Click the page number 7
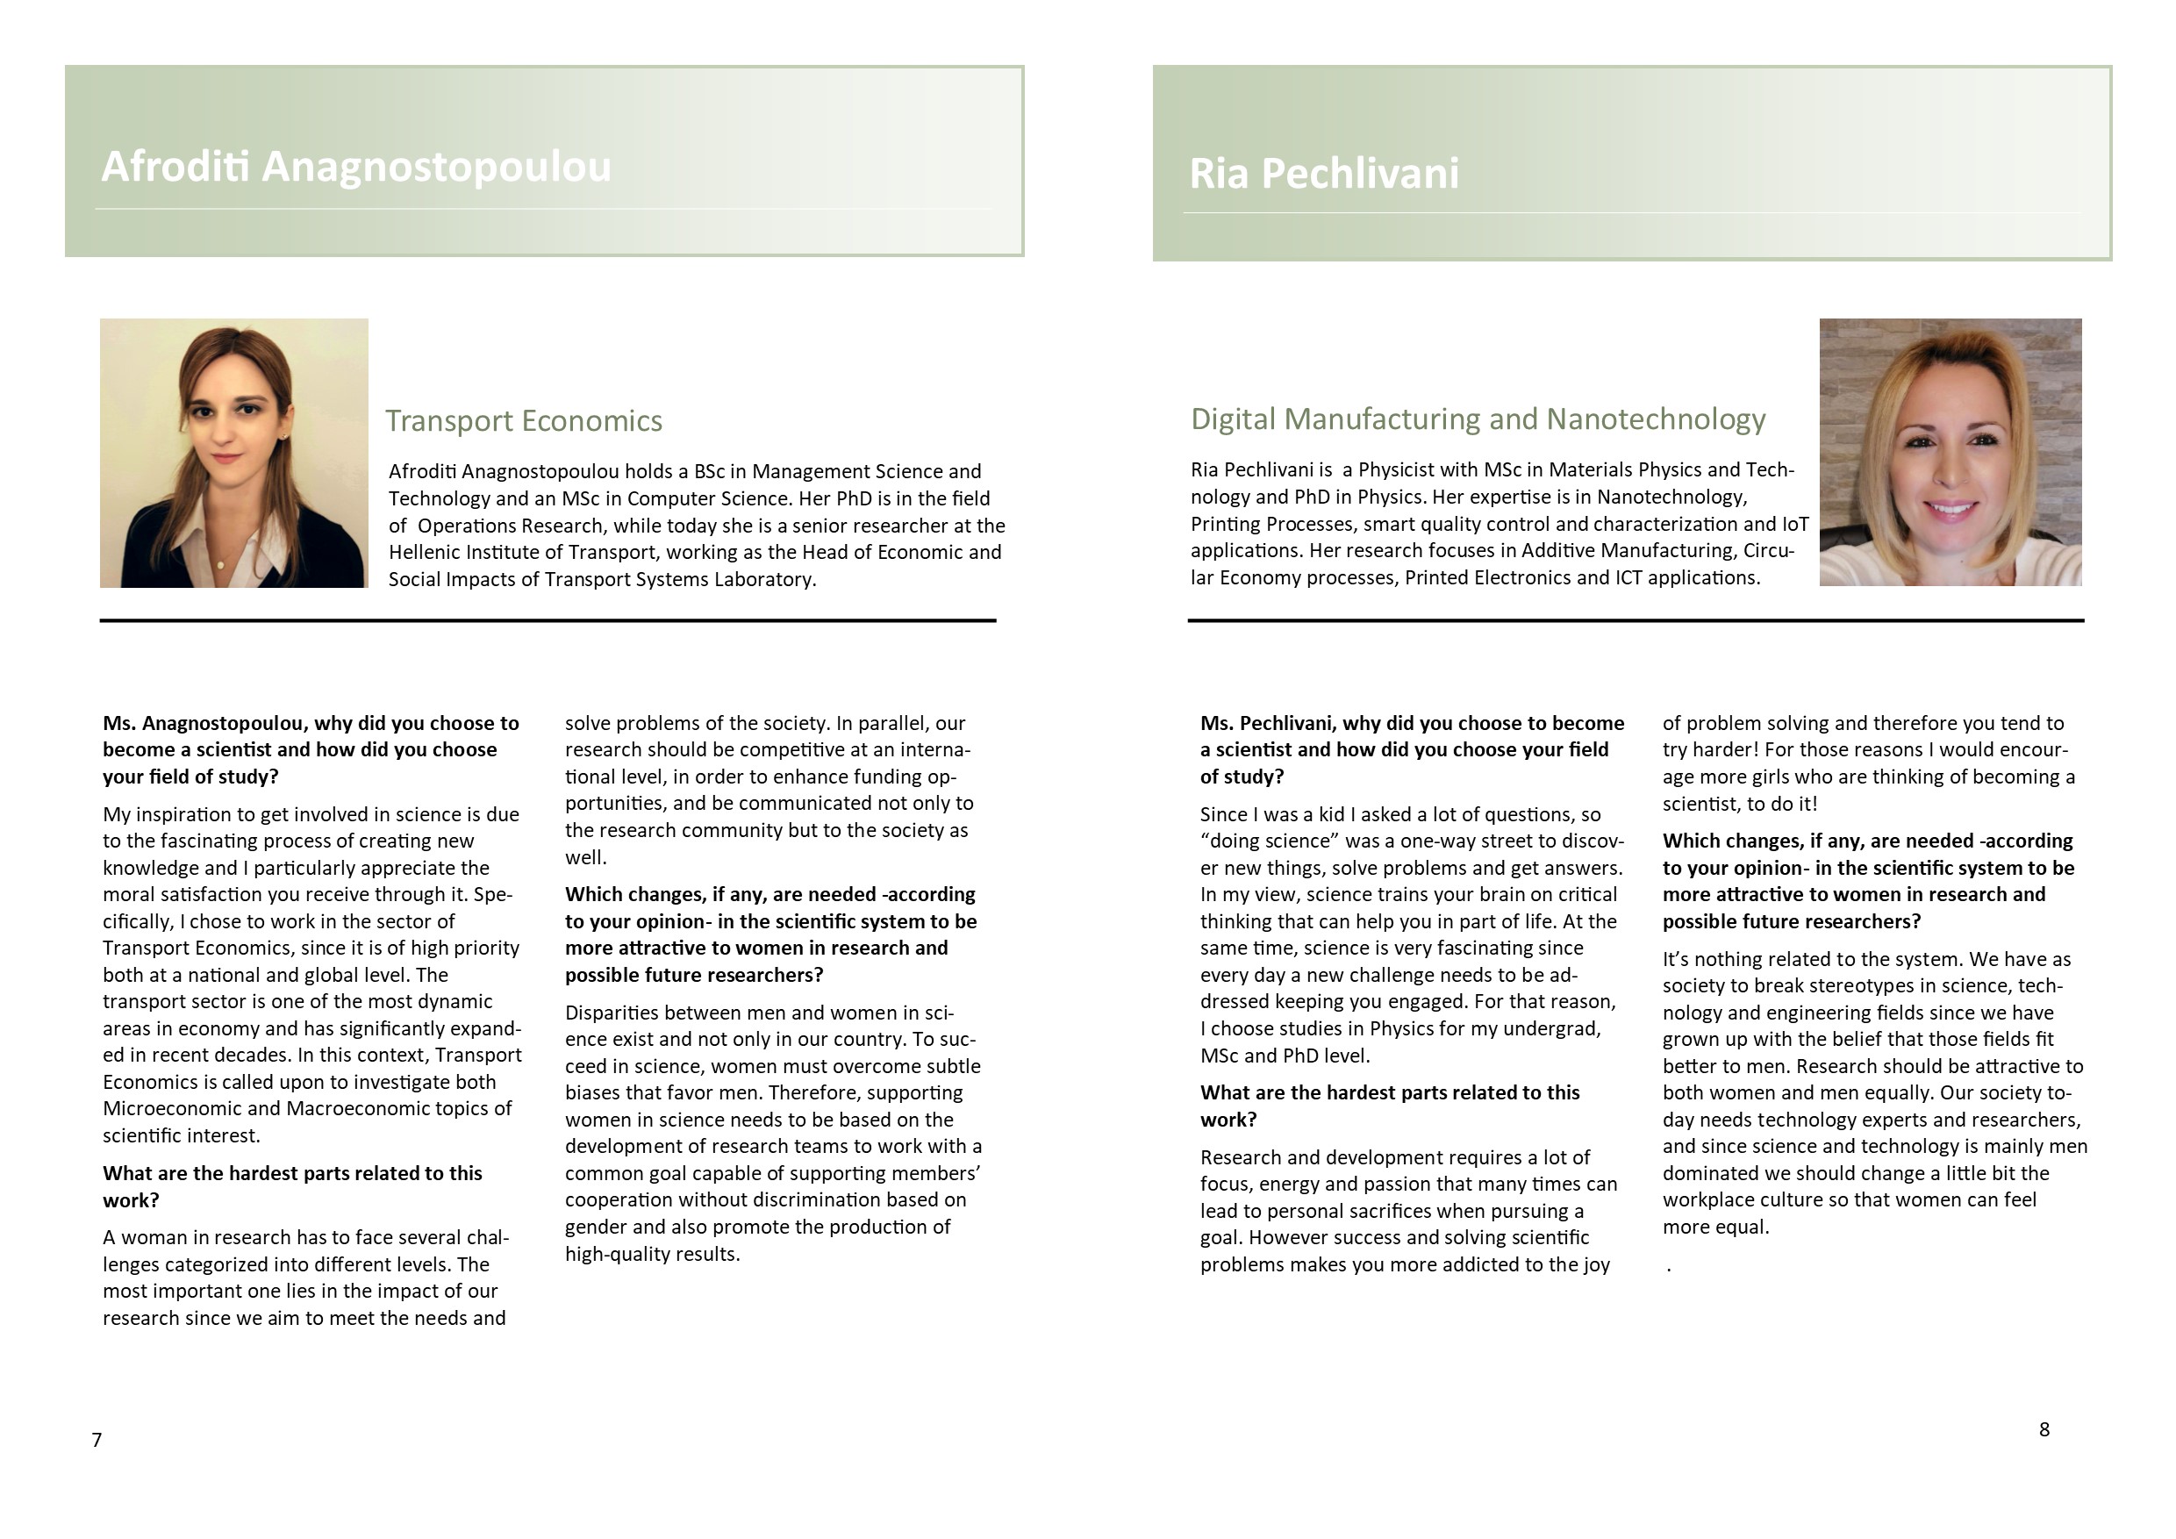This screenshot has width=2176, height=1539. click(x=97, y=1441)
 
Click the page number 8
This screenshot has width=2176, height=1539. click(x=2044, y=1429)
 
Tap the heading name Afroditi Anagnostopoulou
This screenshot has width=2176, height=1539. click(x=356, y=167)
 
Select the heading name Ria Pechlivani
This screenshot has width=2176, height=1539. click(x=1324, y=174)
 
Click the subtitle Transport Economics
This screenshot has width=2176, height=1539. click(x=523, y=421)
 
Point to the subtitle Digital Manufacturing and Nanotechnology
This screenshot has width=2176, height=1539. click(x=1478, y=419)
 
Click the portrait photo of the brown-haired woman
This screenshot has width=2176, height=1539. click(x=234, y=453)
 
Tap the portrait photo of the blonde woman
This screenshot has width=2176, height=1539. click(x=1951, y=452)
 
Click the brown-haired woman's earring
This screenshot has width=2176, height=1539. click(x=285, y=437)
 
